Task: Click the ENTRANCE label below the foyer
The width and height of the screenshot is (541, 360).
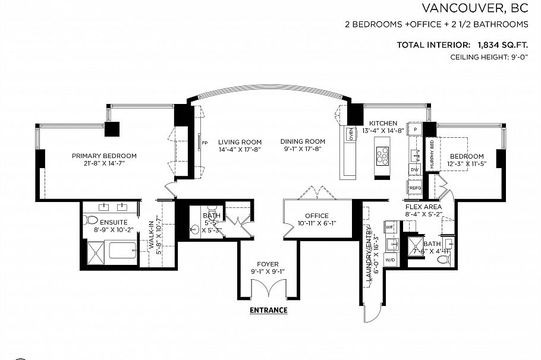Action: coord(268,310)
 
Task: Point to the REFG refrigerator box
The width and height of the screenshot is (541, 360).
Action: coord(415,187)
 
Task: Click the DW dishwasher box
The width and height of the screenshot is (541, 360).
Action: coord(414,170)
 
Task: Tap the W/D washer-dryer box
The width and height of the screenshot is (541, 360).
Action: coord(391,260)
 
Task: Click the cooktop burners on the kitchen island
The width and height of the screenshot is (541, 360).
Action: coord(382,156)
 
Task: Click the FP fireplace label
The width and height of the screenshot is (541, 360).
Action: coord(204,143)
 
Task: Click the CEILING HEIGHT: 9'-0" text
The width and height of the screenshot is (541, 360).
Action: coord(489,58)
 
